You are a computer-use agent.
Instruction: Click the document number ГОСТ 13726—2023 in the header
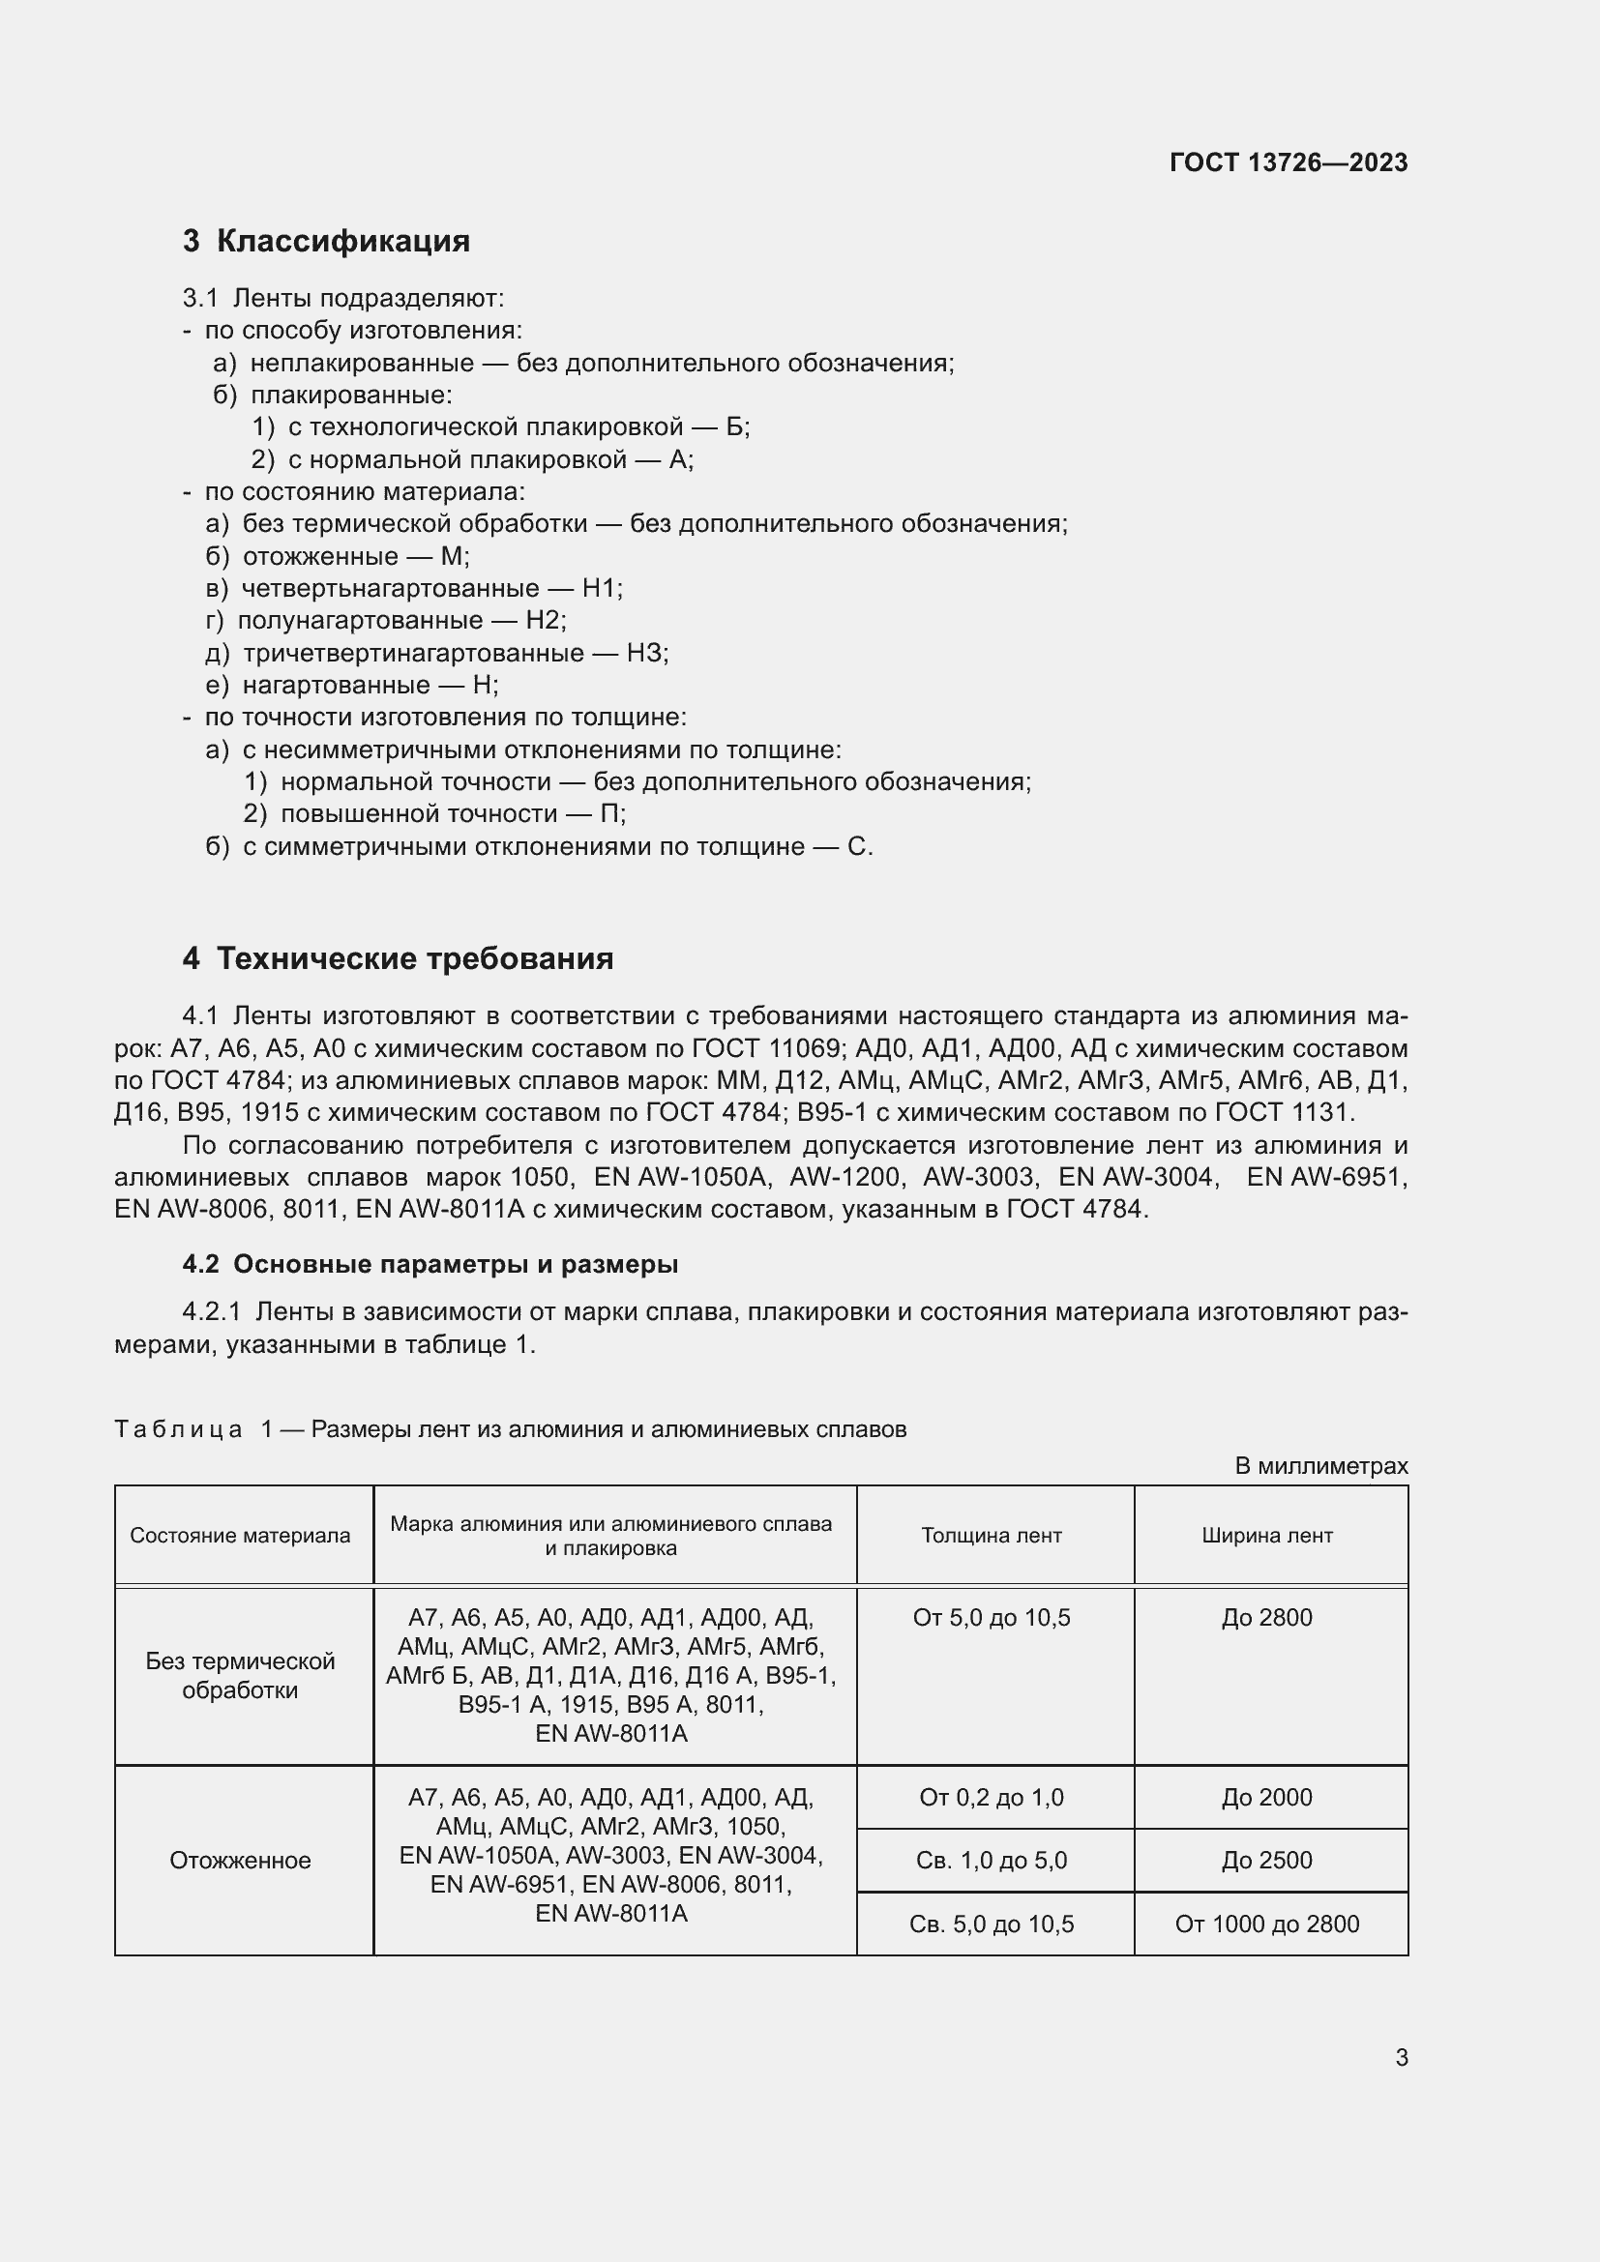[x=1288, y=162]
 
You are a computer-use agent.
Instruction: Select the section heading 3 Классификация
[x=326, y=241]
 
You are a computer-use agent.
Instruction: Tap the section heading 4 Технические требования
[x=398, y=957]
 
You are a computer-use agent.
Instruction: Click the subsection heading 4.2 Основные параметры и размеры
[x=430, y=1264]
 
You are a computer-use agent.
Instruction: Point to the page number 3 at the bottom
[x=1401, y=2057]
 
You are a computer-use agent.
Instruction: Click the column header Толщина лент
[x=992, y=1535]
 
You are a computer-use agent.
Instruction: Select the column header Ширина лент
[x=1267, y=1535]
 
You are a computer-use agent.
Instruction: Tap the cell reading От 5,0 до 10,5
[x=992, y=1618]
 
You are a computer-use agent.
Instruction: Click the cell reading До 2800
[x=1267, y=1618]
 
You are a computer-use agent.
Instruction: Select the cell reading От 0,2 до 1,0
[x=992, y=1797]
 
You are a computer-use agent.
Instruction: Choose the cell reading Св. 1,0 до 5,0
[x=992, y=1860]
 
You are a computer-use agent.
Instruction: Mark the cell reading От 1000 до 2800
[x=1267, y=1924]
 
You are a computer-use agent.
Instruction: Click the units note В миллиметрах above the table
[x=1321, y=1466]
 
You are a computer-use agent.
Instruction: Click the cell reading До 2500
[x=1267, y=1860]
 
